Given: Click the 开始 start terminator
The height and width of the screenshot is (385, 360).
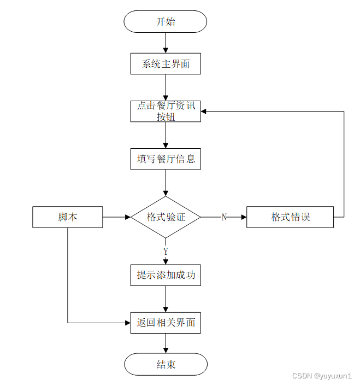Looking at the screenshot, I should click(166, 22).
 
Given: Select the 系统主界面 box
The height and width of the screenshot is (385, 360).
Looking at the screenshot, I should click(166, 63).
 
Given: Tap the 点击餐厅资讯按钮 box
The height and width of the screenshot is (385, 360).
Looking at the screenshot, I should click(166, 111).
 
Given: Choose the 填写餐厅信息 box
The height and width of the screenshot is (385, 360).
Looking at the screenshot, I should click(166, 159).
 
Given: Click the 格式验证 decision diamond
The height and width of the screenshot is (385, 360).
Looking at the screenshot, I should click(166, 217).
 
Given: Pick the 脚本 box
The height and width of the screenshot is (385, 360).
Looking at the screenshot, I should click(68, 217).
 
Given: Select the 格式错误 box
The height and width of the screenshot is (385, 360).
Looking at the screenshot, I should click(290, 217).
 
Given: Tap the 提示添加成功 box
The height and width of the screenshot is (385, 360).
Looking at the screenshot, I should click(166, 275).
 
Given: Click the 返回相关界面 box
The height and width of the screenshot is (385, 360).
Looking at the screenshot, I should click(166, 323).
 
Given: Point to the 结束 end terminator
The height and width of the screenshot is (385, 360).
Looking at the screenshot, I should click(166, 364).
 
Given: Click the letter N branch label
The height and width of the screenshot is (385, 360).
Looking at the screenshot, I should click(224, 217).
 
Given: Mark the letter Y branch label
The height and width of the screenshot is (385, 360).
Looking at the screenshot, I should click(166, 252).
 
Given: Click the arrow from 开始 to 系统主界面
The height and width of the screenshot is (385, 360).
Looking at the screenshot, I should click(166, 43).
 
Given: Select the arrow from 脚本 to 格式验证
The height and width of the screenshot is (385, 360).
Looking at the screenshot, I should click(116, 217).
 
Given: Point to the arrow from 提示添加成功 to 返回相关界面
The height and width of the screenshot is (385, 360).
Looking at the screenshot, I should click(166, 299).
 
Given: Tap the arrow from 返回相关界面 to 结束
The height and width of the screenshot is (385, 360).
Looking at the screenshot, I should click(166, 343).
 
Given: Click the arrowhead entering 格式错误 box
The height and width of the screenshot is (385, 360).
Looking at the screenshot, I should click(243, 217).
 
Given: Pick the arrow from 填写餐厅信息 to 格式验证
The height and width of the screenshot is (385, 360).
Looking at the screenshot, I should click(166, 183).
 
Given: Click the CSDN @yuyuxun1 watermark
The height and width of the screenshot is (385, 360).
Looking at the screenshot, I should click(322, 376).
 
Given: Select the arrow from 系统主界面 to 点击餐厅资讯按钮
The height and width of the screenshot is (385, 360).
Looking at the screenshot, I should click(166, 87).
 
